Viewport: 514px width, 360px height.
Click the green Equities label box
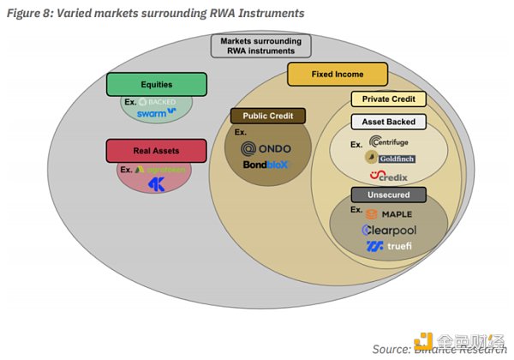click(x=157, y=84)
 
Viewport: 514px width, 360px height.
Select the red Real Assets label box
click(x=156, y=150)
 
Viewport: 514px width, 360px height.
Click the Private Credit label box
click(x=383, y=99)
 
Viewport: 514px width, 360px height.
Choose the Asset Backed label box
click(x=383, y=123)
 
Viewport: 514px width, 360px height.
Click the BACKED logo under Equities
click(x=159, y=100)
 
